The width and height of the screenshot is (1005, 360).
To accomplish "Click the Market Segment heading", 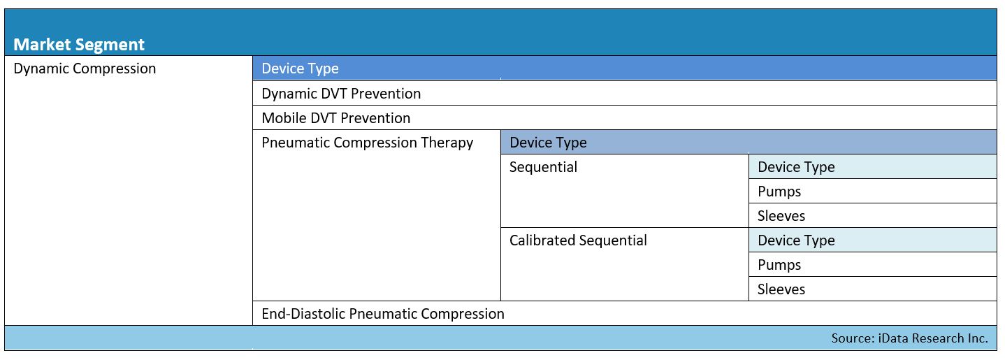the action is click(x=79, y=45).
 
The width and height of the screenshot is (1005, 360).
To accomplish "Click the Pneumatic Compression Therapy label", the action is click(x=367, y=143).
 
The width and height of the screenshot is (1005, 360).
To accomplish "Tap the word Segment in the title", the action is click(x=110, y=45).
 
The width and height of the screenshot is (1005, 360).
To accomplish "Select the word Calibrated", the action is click(x=542, y=240).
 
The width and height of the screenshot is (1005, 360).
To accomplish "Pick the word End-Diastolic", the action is click(x=303, y=314).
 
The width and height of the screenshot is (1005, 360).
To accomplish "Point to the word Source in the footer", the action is click(x=853, y=338).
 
